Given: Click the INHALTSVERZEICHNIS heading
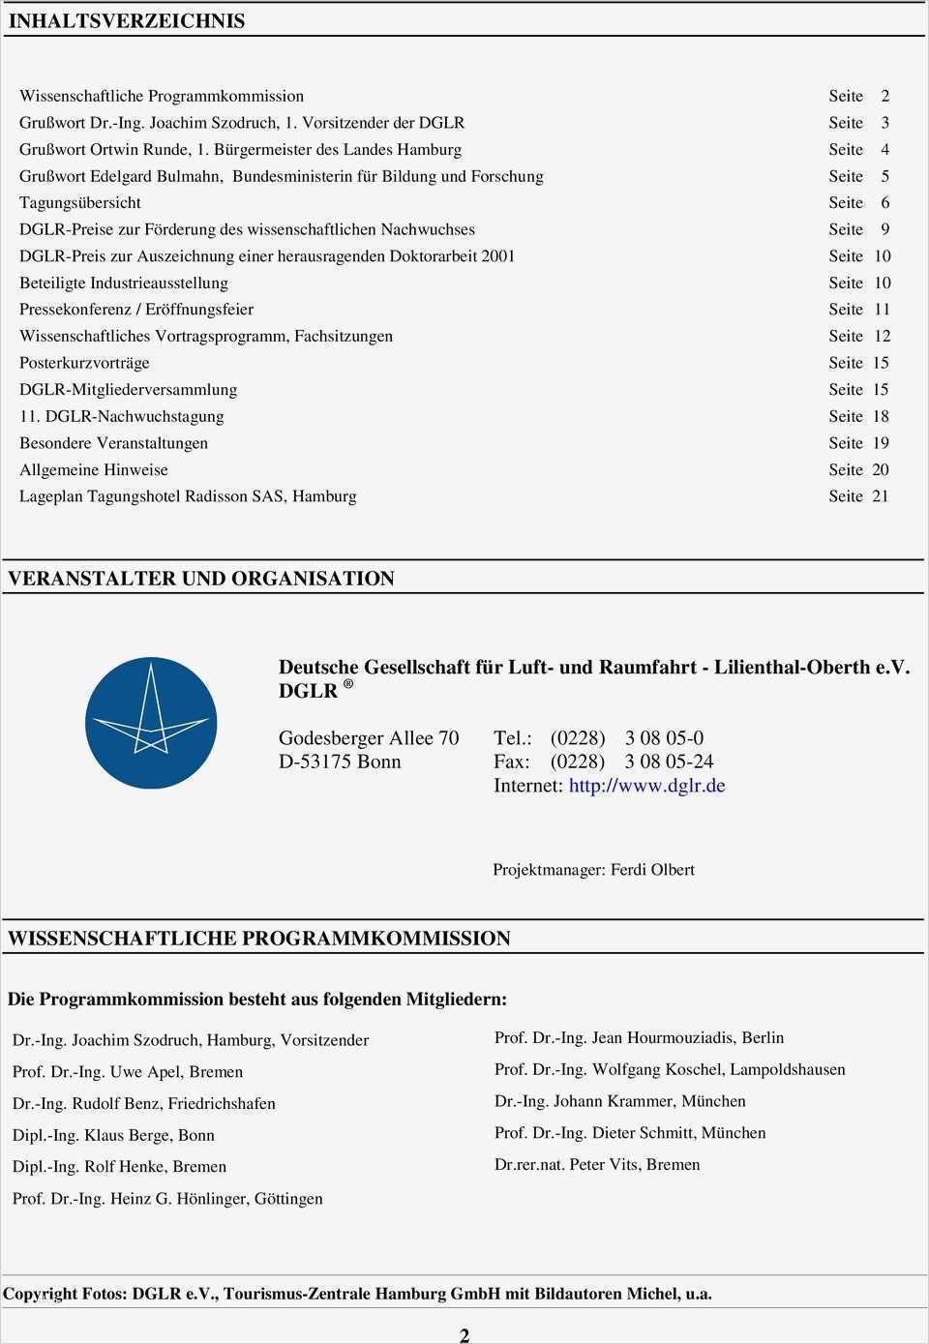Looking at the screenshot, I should coord(126,21).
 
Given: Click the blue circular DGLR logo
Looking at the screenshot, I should coord(151,723).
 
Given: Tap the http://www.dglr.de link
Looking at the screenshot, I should coord(646,786).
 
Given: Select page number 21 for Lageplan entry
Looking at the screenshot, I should coord(880,496).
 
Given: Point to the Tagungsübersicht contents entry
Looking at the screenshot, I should coord(80,203).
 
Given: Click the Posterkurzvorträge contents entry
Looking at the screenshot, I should coord(84,363).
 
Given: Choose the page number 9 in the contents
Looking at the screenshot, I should coord(884,229).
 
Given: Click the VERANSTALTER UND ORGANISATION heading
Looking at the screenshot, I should coord(201,579).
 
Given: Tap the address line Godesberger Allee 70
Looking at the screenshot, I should coord(369,738).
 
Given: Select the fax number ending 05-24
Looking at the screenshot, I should coord(669,762).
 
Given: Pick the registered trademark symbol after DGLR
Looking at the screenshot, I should coord(348,685).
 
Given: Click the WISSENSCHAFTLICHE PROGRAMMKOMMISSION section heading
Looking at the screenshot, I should coord(258,939).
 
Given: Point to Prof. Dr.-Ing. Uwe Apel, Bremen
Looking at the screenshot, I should coord(128,1072).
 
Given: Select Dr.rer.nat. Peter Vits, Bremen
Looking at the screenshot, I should coord(597,1165).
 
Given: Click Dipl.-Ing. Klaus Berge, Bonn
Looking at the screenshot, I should coord(113,1135).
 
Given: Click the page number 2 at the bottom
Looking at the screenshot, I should coord(464,1335).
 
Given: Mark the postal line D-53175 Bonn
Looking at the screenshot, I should coord(340,762).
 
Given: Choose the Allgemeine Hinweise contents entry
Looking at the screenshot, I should coord(94,470).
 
